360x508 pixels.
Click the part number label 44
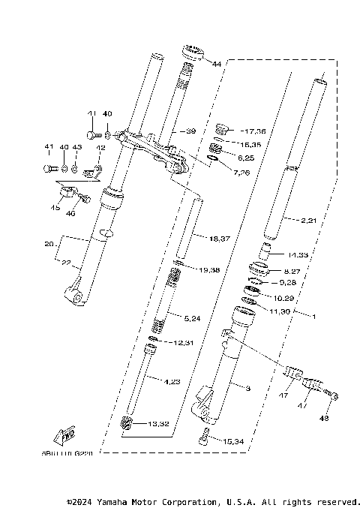point(217,65)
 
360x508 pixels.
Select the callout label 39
point(190,131)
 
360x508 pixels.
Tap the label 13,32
point(158,424)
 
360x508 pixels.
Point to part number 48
point(325,418)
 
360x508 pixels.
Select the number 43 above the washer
point(76,146)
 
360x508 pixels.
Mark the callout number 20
point(49,244)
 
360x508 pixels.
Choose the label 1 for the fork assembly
point(313,317)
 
